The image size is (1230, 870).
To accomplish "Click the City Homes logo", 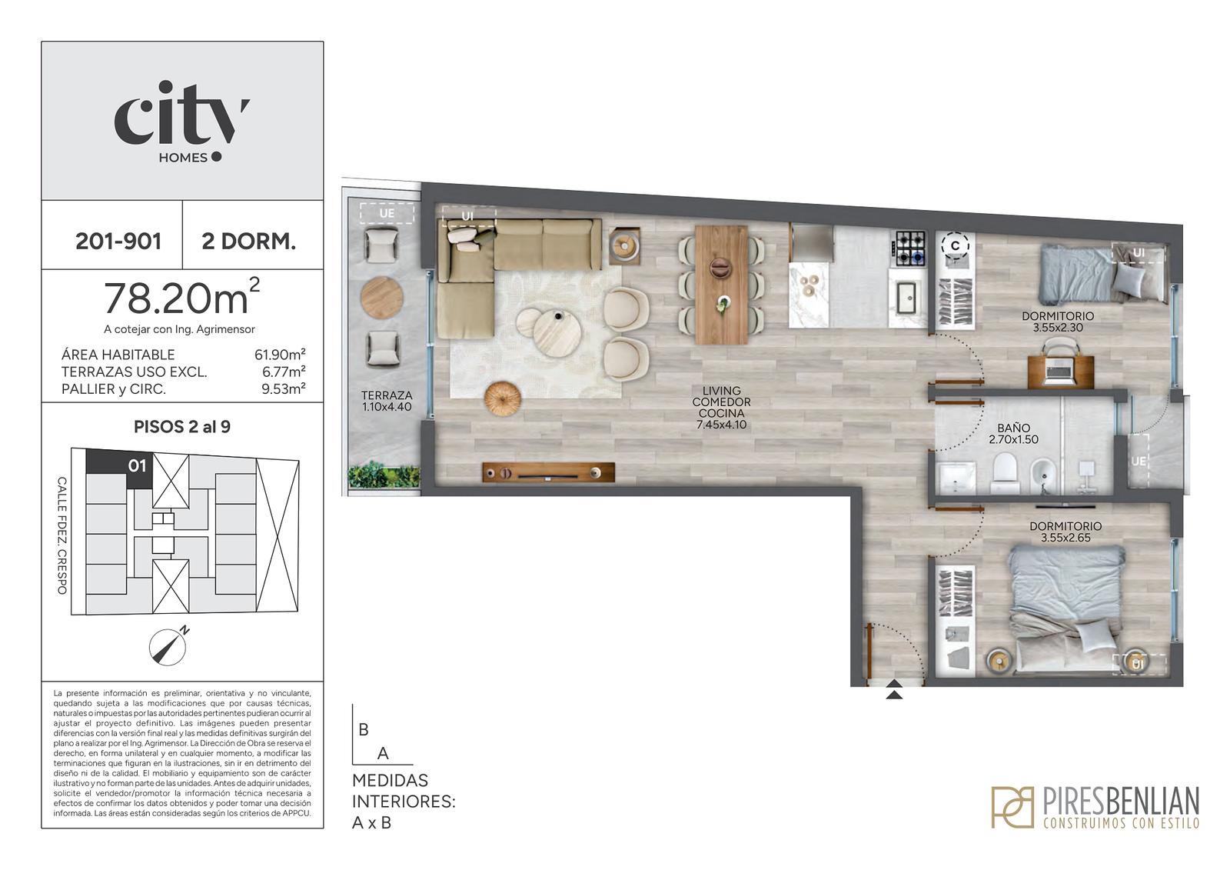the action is coord(181,122).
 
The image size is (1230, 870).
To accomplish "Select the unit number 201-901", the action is coord(118,242).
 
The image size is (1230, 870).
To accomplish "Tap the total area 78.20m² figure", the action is coord(181,298).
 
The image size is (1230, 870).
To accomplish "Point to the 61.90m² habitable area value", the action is coord(280,355).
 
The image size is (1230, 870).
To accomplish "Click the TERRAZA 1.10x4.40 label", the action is coord(387,402).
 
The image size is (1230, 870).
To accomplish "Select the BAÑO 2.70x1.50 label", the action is coord(1014,434).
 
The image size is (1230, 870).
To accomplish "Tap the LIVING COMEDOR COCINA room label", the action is coord(722,407).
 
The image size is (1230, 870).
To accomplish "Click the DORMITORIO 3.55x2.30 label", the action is coord(1058,322).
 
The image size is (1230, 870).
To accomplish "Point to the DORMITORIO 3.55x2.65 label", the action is coord(1065,532).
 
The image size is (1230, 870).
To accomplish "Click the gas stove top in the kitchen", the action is coord(910,249).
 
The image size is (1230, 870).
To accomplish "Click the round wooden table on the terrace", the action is coord(381,298).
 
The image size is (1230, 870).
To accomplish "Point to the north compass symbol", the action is coord(168,645).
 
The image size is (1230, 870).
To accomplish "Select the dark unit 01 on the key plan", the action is coord(119,468).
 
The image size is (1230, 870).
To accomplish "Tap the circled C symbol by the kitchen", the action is coord(956,245).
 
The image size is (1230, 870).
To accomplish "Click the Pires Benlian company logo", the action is coord(1095,807).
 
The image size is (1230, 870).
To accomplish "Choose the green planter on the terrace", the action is coord(384,476).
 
